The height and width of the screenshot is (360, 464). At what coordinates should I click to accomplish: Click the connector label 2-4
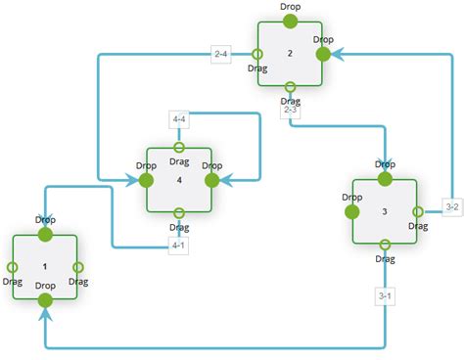click(x=221, y=55)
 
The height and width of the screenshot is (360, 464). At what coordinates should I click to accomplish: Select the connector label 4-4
click(x=179, y=120)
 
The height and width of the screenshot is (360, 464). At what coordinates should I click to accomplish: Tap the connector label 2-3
click(x=291, y=111)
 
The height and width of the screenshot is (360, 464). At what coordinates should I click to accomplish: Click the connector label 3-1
click(x=385, y=295)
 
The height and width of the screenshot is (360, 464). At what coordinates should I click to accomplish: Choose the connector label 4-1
click(x=179, y=246)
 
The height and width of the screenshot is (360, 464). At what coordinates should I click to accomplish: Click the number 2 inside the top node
click(x=291, y=53)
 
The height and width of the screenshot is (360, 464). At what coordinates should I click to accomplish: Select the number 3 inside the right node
click(x=385, y=211)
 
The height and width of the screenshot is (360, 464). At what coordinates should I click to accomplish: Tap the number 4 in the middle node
click(x=179, y=180)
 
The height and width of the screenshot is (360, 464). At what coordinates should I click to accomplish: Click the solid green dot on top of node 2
click(x=291, y=22)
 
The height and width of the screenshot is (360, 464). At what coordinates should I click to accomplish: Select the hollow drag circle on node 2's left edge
click(x=257, y=55)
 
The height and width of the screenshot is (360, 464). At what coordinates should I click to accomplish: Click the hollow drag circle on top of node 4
click(x=179, y=149)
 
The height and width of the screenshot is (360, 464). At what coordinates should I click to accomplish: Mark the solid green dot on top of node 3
click(x=385, y=179)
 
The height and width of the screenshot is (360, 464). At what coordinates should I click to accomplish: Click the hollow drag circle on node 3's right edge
click(x=418, y=211)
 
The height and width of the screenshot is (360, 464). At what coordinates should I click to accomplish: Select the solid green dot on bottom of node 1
click(x=45, y=300)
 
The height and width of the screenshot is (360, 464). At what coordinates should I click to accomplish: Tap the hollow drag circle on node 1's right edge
click(x=78, y=267)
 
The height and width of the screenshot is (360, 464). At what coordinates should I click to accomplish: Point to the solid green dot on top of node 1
click(x=45, y=235)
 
